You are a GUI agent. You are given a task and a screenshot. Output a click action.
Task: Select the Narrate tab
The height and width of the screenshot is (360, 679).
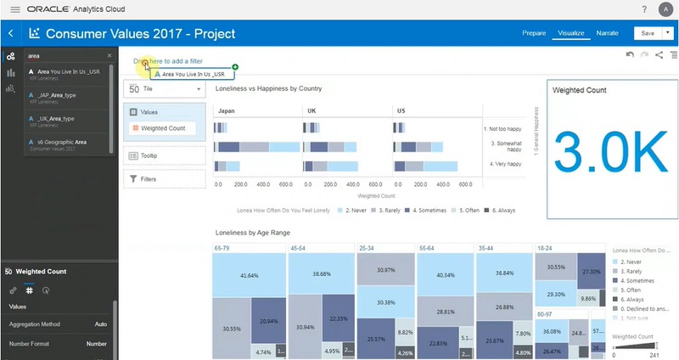point(607,34)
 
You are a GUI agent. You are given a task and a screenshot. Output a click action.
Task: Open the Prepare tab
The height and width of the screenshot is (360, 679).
point(533,34)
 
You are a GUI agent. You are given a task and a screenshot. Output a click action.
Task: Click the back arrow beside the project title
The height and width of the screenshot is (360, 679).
point(11,34)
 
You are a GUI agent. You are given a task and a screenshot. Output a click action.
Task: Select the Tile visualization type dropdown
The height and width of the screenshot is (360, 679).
point(164,88)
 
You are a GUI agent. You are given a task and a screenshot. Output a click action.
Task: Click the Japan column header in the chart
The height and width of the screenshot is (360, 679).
point(227,110)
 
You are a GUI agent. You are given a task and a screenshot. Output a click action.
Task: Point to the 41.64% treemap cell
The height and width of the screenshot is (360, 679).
point(249,276)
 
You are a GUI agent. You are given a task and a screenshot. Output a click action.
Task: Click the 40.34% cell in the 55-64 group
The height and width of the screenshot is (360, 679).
point(445,276)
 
